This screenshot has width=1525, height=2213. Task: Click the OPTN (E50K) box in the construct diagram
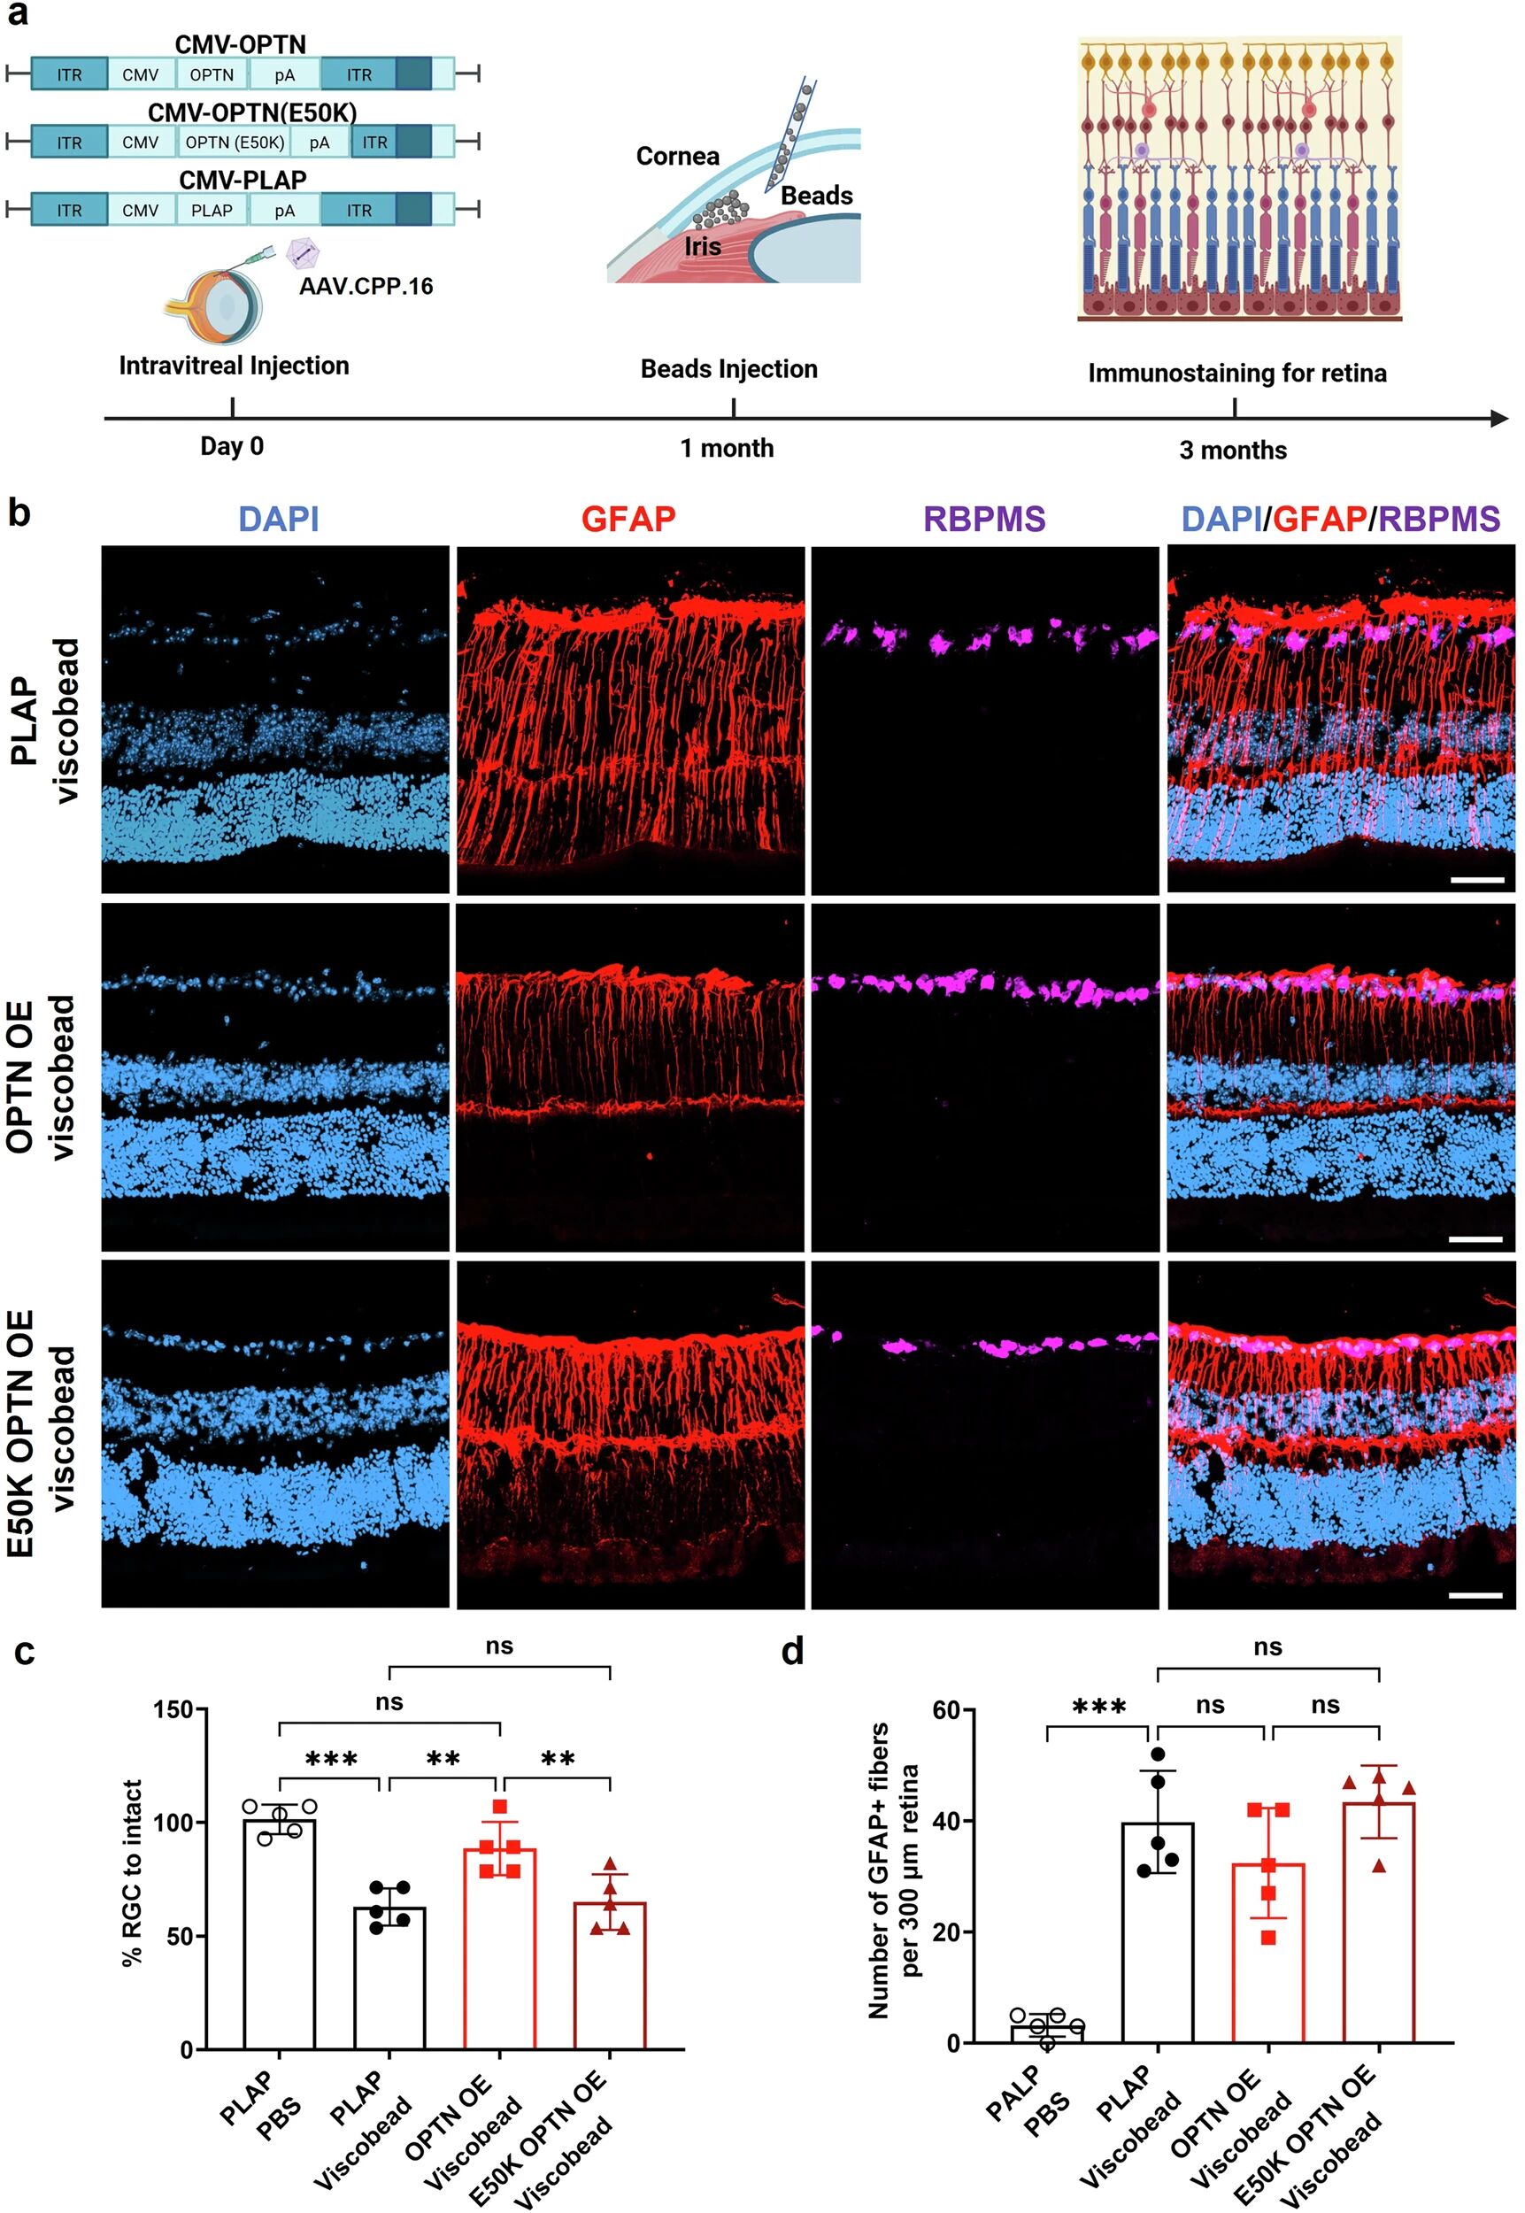pos(234,143)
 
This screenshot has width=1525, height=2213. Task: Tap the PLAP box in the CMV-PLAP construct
pos(212,210)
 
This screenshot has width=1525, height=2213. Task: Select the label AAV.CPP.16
pos(366,286)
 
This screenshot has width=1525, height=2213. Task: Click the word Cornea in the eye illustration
pos(677,156)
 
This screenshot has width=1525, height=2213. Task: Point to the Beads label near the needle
pos(816,196)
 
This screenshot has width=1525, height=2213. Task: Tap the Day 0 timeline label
pos(232,446)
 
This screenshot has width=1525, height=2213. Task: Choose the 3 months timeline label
pos(1233,450)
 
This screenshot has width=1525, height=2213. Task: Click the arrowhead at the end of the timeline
pos(1499,419)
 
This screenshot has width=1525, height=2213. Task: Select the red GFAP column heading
pos(628,519)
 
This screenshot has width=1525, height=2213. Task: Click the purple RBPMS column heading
pos(984,519)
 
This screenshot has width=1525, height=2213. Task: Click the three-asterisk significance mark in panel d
pos(1100,1708)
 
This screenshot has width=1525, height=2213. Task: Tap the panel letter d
pos(792,1651)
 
